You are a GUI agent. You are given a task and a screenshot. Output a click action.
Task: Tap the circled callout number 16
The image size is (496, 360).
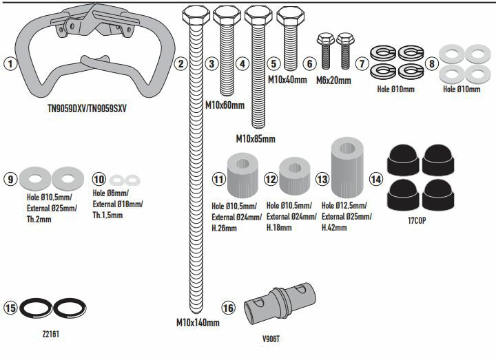229,307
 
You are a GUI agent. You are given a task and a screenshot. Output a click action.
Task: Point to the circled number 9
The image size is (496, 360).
10,179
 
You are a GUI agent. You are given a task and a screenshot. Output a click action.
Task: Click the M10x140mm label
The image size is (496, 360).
198,322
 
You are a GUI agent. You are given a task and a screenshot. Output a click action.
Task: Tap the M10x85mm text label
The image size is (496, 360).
255,138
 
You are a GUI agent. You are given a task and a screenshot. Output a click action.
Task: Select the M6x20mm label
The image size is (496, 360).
333,81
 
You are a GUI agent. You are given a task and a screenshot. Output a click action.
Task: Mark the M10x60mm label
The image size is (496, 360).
225,105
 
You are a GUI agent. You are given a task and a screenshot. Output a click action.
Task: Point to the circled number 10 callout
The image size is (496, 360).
100,179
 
